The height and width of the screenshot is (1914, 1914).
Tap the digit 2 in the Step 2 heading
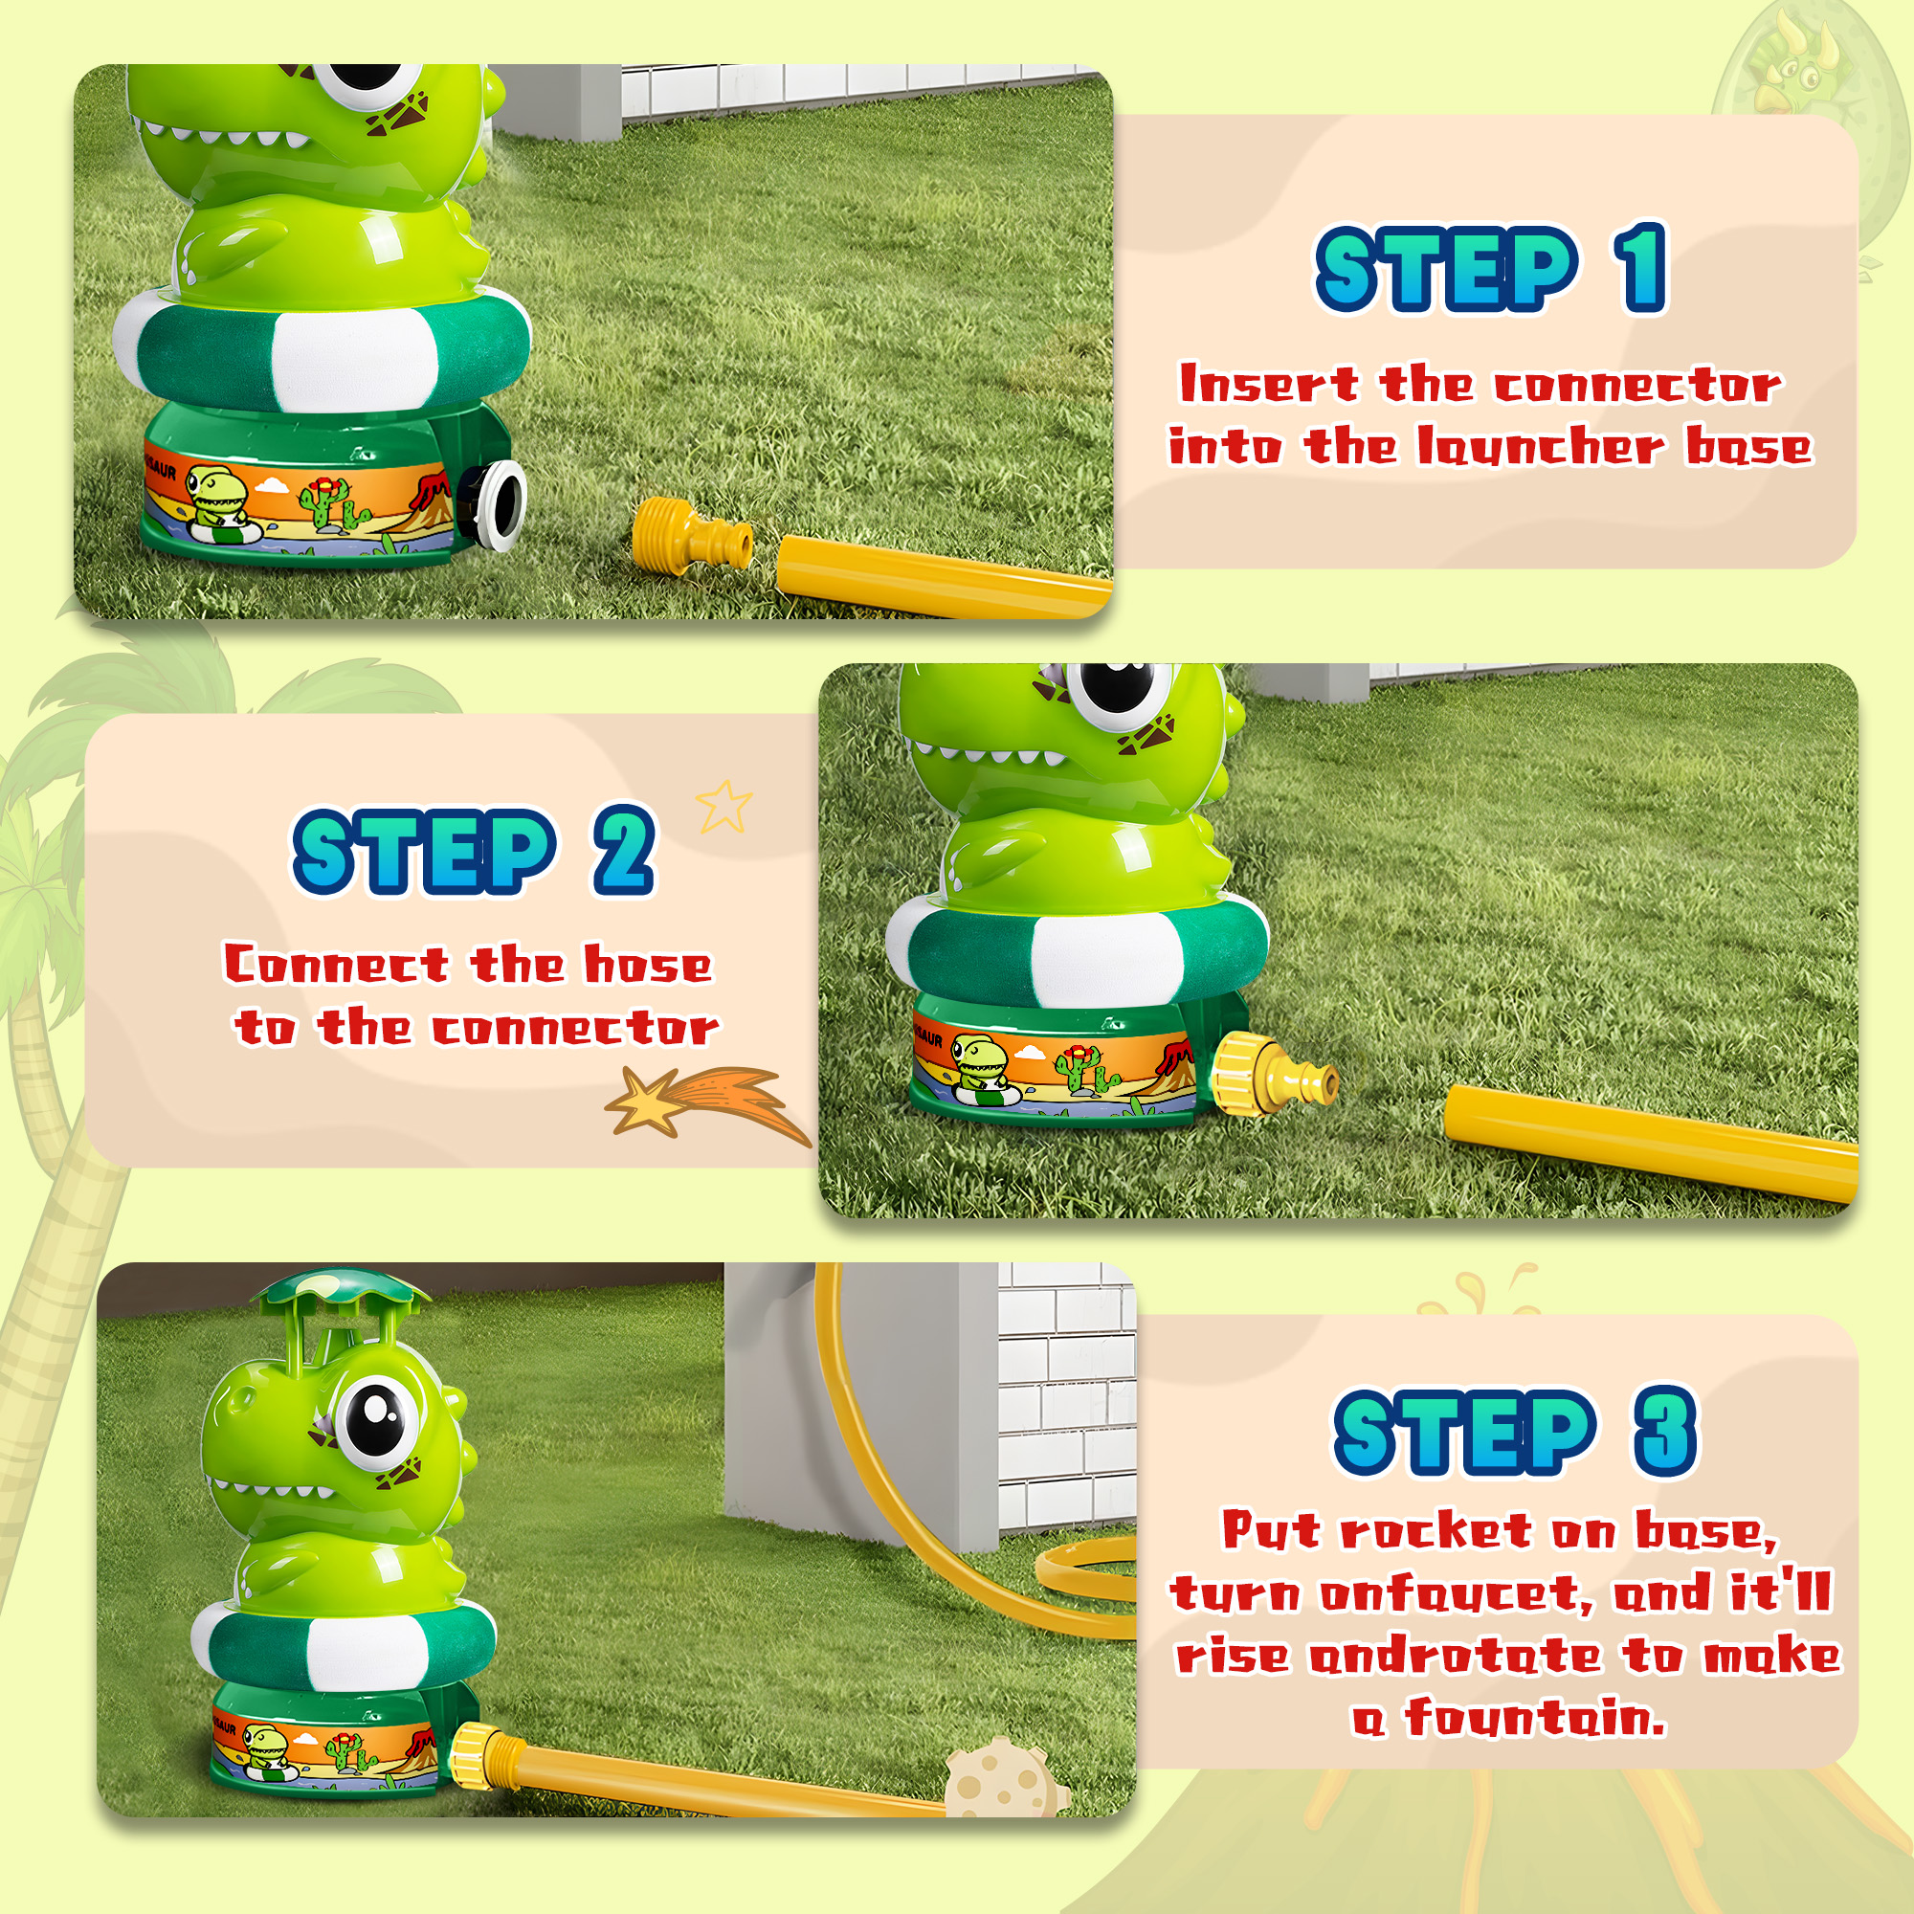[x=624, y=849]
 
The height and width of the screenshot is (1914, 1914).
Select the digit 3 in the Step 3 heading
[x=1664, y=1431]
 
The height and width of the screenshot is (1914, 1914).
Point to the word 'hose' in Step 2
[x=648, y=964]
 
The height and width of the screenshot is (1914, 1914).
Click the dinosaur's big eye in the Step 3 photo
[x=376, y=1415]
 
